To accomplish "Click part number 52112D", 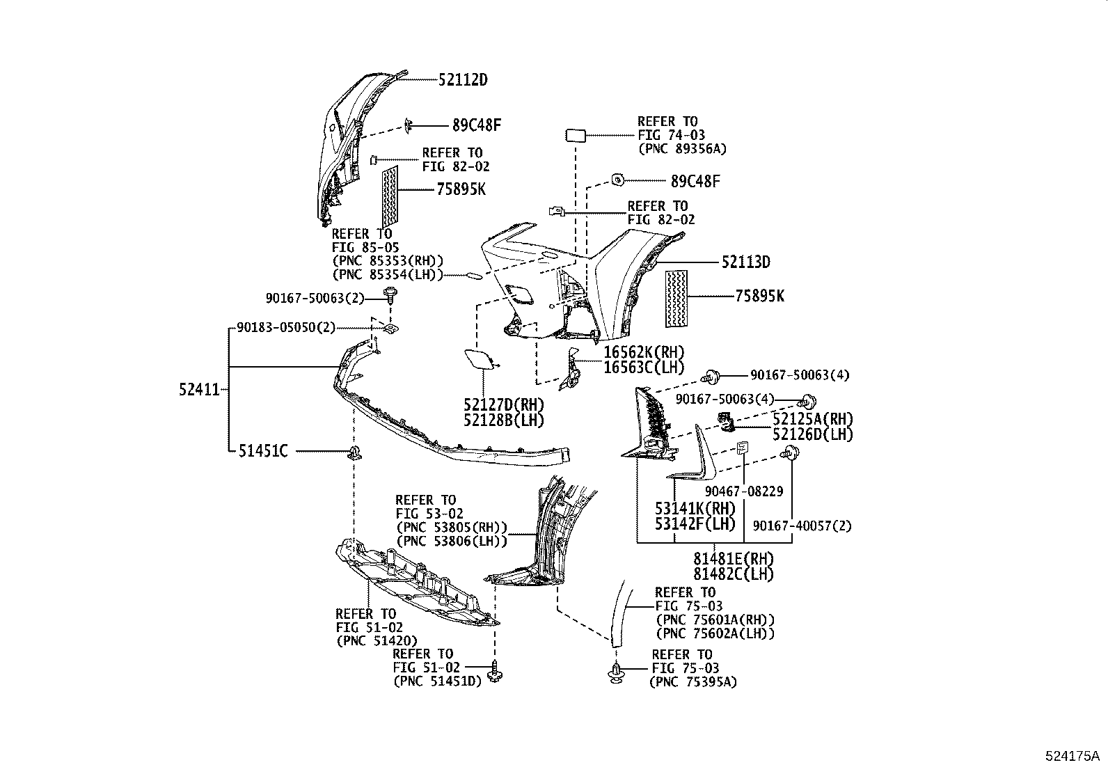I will [463, 80].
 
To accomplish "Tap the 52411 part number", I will [199, 391].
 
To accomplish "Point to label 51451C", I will [263, 451].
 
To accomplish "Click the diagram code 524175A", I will [1070, 755].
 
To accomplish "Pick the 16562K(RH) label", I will [643, 352].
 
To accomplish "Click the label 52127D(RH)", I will [504, 404].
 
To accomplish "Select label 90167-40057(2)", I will [801, 526].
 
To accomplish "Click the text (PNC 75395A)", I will [692, 682].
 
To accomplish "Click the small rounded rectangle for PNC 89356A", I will [576, 135].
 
